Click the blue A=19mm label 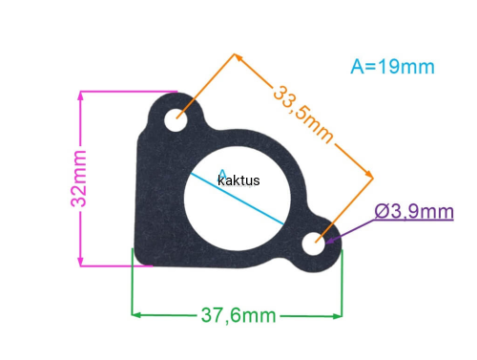coord(392,67)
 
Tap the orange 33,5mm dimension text coord(303,114)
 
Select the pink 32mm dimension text coord(78,179)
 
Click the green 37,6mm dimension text coord(238,315)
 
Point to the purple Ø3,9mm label coord(414,211)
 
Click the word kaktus coord(238,180)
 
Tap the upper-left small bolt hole coord(176,120)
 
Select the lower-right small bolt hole coord(314,244)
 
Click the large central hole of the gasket coord(238,198)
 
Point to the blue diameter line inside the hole coord(238,199)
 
